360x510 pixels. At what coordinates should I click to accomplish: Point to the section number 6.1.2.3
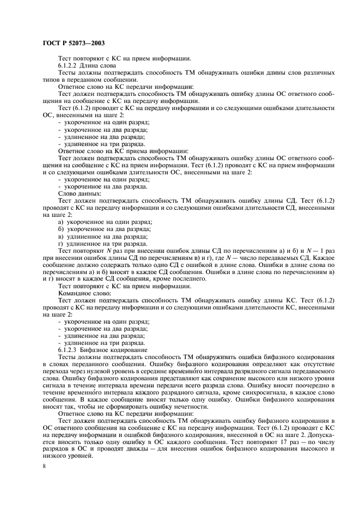point(68,350)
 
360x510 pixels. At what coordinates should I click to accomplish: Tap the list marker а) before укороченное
point(60,222)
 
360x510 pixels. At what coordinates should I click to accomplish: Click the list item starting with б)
point(103,229)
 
